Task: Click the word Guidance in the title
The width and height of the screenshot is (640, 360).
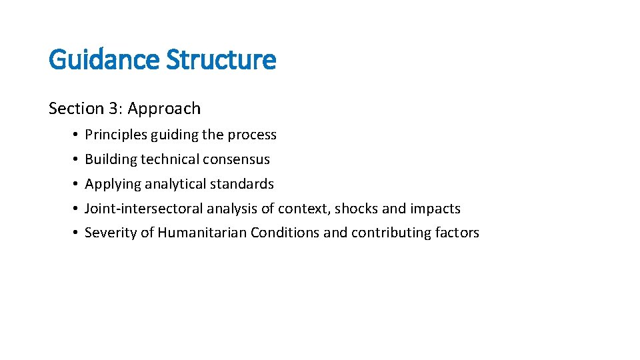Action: point(104,60)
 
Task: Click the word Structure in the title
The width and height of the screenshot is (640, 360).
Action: point(221,60)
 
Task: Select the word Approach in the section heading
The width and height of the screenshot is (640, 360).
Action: point(164,109)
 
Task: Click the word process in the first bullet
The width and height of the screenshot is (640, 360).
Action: point(252,135)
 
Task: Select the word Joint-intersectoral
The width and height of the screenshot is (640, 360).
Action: point(144,209)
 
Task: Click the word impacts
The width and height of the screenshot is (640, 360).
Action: point(435,209)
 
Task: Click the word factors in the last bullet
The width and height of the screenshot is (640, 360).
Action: point(457,233)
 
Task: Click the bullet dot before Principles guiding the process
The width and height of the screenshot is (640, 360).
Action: point(78,135)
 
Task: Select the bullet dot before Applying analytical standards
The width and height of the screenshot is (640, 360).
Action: point(78,184)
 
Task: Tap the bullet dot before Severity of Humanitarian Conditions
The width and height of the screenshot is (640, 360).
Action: point(78,233)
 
